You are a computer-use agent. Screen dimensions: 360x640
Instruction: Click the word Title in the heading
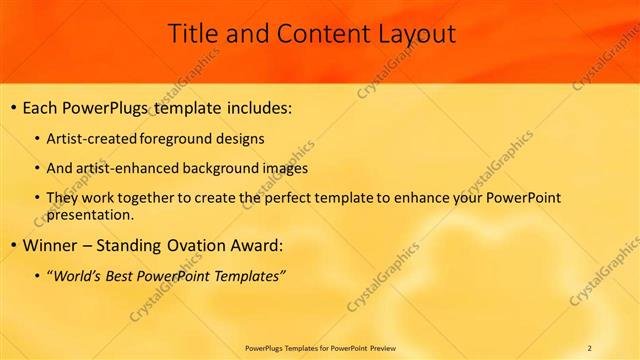[x=192, y=34]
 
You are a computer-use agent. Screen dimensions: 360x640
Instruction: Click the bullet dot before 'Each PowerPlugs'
[x=12, y=108]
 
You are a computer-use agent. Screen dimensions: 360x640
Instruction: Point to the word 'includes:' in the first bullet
[x=257, y=108]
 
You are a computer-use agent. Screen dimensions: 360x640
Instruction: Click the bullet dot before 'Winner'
[x=12, y=245]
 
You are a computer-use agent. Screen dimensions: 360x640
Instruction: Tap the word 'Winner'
[x=48, y=245]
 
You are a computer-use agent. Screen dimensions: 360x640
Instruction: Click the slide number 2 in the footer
[x=589, y=348]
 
